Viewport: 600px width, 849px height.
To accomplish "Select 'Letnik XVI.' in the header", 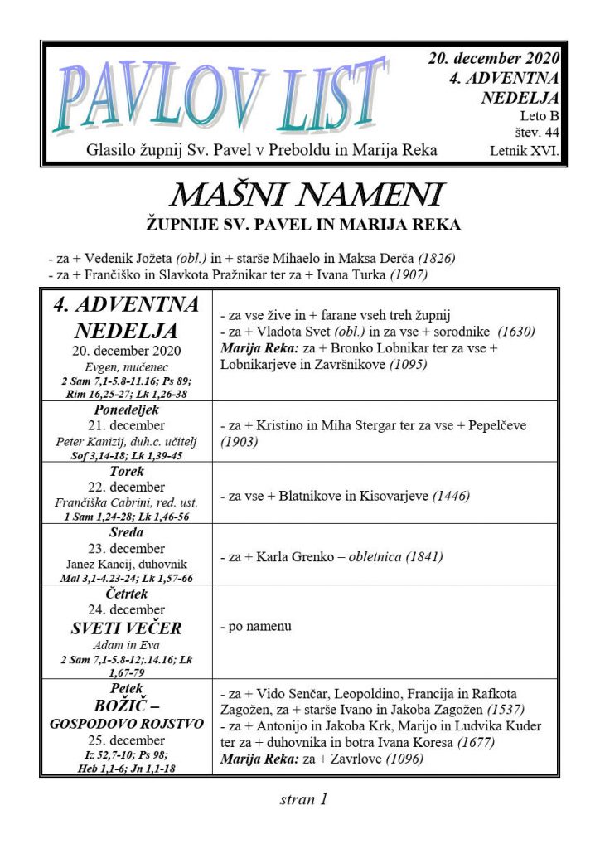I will pyautogui.click(x=525, y=151).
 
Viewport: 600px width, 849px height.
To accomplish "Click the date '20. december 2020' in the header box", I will pyautogui.click(x=494, y=59).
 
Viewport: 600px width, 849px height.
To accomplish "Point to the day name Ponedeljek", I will pyautogui.click(x=127, y=410).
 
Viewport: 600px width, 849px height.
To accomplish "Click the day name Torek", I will pyautogui.click(x=127, y=471).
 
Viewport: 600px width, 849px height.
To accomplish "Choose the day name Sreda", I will pyautogui.click(x=127, y=532).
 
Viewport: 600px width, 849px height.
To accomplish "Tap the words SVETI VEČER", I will pyautogui.click(x=127, y=627).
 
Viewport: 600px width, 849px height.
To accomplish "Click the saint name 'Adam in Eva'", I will pyautogui.click(x=127, y=644).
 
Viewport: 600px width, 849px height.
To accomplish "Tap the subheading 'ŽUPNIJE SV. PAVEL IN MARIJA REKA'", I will pyautogui.click(x=303, y=225).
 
